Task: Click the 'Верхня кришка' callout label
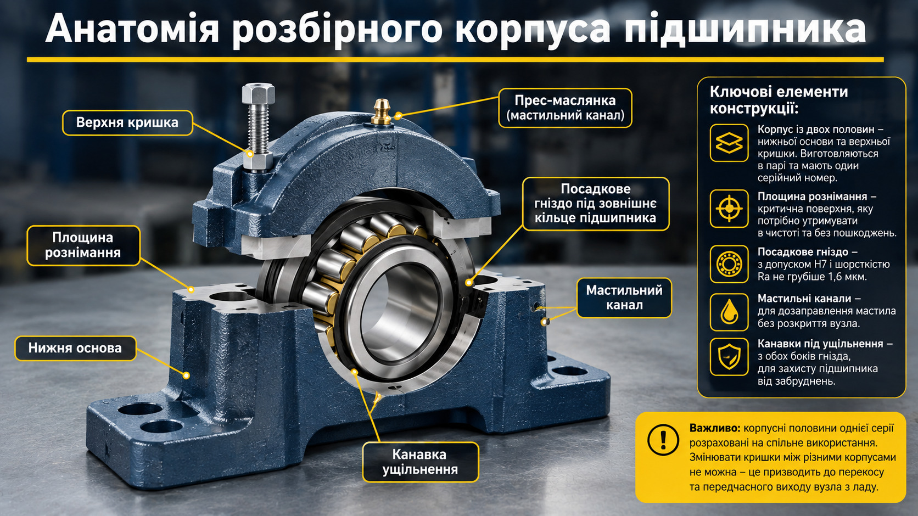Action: click(x=127, y=122)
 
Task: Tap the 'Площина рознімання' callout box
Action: click(x=83, y=245)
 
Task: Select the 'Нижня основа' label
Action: click(x=75, y=348)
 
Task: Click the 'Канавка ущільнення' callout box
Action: click(x=421, y=462)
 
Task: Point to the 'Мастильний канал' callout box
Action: click(x=624, y=298)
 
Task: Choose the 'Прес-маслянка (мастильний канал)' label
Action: click(x=565, y=108)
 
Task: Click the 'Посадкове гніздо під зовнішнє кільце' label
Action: click(x=596, y=204)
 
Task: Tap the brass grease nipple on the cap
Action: click(x=381, y=111)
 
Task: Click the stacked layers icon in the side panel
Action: click(x=729, y=143)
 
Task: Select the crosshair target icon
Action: click(x=729, y=209)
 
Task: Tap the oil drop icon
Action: click(x=729, y=312)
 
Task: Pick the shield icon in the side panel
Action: click(x=729, y=357)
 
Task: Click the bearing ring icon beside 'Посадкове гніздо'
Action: click(x=729, y=263)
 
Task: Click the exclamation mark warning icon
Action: click(x=663, y=440)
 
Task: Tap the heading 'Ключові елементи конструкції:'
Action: click(x=779, y=100)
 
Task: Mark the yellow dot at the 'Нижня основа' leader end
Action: click(x=186, y=375)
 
